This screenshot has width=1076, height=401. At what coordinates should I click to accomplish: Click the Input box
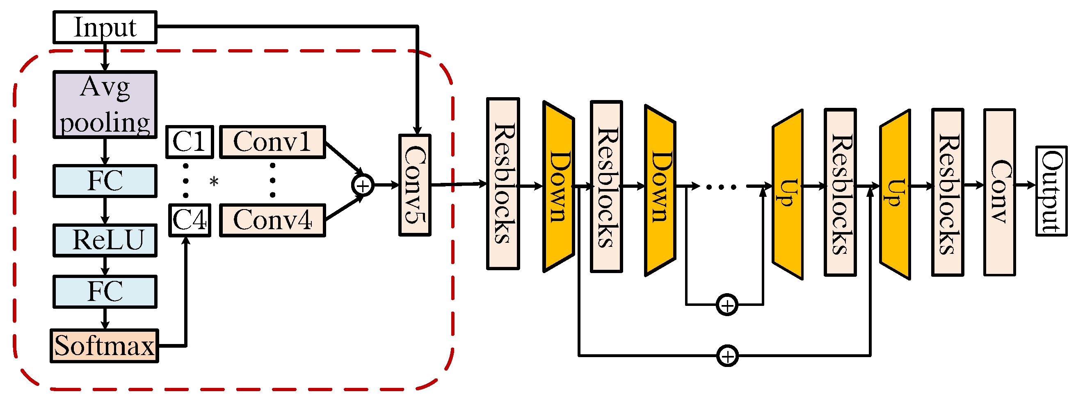click(105, 27)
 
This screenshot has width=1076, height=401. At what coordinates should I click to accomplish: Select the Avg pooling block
click(105, 105)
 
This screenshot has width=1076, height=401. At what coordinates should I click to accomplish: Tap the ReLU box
click(105, 241)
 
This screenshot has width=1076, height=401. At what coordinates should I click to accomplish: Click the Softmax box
click(105, 346)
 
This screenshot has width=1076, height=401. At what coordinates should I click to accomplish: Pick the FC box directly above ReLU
click(105, 181)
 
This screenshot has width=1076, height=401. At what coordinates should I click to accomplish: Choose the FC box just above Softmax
click(105, 292)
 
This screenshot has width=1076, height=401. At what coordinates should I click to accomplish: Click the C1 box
click(190, 142)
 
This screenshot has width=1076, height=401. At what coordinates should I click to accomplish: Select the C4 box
click(190, 221)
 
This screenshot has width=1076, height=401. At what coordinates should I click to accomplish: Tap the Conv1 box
click(272, 142)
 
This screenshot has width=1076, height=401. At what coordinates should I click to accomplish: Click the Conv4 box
click(272, 221)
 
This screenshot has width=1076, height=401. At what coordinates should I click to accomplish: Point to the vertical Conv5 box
click(415, 185)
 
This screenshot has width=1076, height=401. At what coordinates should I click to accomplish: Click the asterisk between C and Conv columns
click(214, 182)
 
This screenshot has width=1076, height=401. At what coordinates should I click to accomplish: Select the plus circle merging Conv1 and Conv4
click(363, 185)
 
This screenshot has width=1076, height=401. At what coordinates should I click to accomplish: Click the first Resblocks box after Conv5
click(503, 184)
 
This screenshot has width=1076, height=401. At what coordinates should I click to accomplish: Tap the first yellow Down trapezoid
click(558, 187)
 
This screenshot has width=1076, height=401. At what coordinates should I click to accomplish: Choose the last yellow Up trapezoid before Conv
click(895, 194)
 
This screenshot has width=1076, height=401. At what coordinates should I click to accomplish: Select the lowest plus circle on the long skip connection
click(728, 356)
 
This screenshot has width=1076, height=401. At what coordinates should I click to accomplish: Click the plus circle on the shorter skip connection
click(727, 305)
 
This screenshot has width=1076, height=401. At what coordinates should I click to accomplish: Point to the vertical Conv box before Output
click(1000, 193)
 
